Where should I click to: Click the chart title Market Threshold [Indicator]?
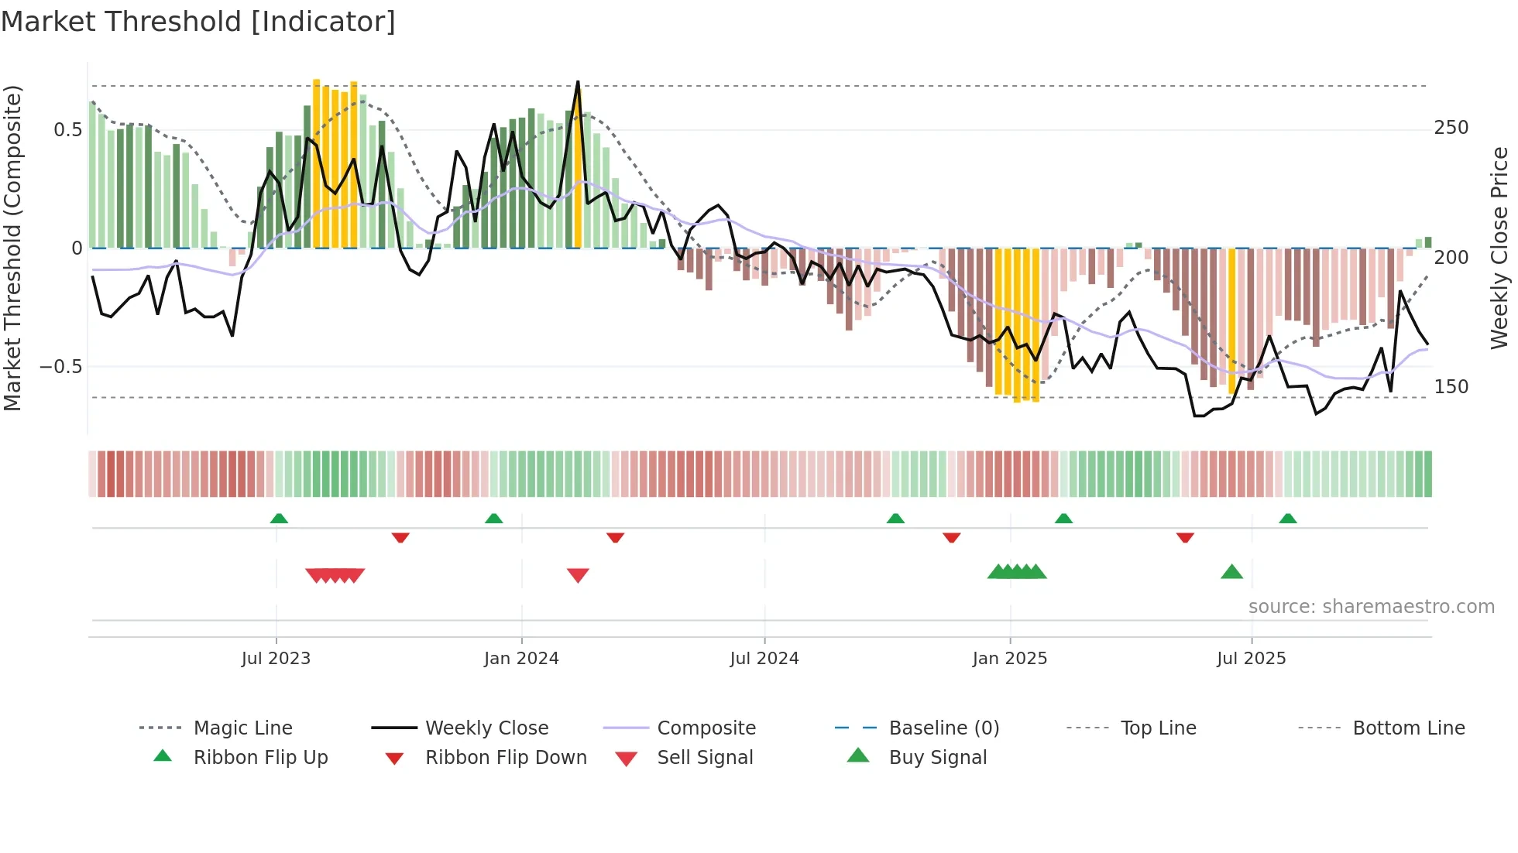click(198, 22)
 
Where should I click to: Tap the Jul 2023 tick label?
click(276, 659)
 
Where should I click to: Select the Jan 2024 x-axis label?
click(521, 659)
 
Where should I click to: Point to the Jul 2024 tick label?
click(764, 659)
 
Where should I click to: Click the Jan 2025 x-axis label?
click(1010, 659)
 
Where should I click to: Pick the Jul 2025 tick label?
click(1252, 659)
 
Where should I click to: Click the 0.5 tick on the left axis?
click(68, 130)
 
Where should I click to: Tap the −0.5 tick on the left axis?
click(61, 367)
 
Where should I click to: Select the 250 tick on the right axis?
click(1451, 128)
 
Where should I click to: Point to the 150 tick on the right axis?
click(1451, 387)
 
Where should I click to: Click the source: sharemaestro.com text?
click(1372, 607)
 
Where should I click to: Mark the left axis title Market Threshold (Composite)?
click(12, 248)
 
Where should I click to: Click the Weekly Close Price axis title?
click(1500, 248)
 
